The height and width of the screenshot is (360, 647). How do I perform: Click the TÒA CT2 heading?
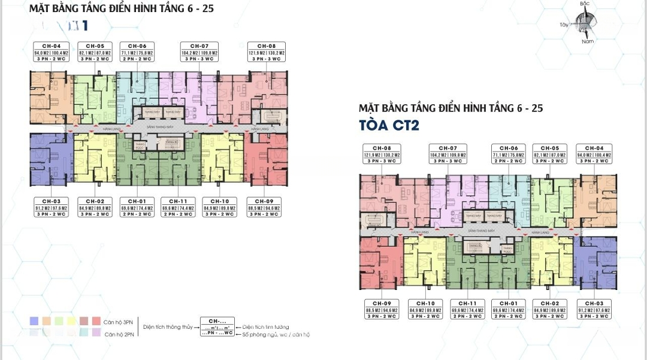(x=389, y=125)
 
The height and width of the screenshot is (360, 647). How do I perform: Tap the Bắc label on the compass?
(x=585, y=4)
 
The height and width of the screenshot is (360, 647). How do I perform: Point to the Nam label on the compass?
(x=587, y=41)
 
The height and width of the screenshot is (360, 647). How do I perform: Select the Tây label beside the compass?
(x=563, y=25)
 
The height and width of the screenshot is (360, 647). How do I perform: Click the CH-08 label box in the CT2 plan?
(x=382, y=154)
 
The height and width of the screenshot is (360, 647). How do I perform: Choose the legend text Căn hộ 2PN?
(x=117, y=334)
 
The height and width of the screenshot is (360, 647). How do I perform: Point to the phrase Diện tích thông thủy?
(x=167, y=328)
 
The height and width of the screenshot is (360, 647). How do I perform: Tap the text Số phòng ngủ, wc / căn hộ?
(x=276, y=334)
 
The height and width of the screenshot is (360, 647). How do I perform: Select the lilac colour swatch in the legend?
(x=96, y=333)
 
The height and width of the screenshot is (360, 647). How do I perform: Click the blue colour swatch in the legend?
(x=34, y=321)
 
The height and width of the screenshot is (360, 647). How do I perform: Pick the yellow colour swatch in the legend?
(x=71, y=321)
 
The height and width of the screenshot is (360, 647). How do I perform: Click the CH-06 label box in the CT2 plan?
(x=509, y=154)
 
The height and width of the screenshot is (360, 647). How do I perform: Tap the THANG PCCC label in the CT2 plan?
(x=507, y=249)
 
